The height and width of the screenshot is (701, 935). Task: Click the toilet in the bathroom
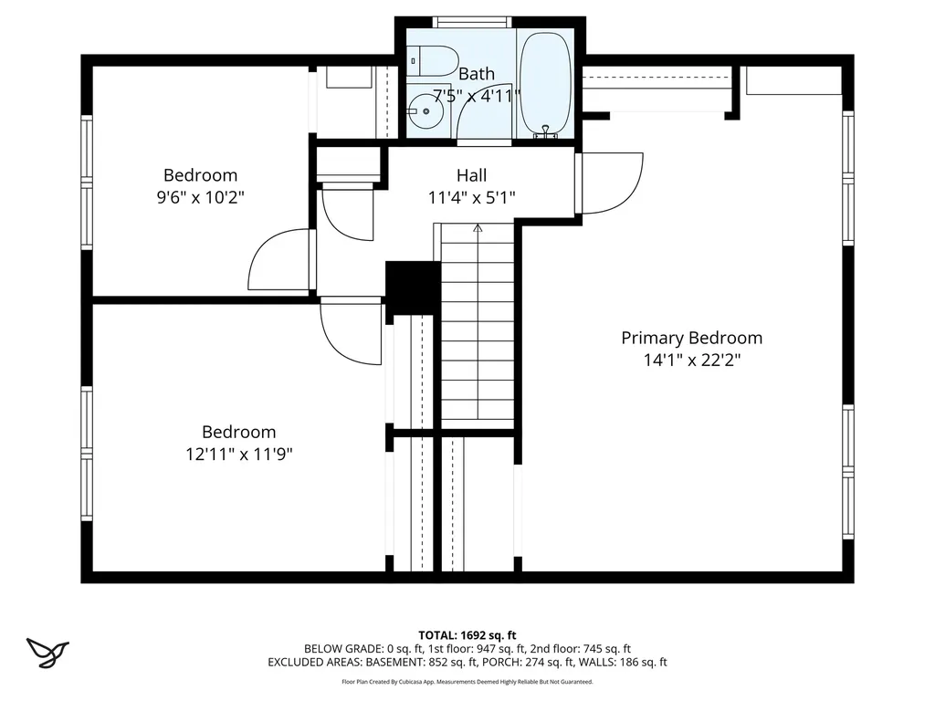click(x=433, y=60)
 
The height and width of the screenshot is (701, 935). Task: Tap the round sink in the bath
click(x=425, y=110)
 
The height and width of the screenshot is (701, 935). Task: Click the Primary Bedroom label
click(x=691, y=338)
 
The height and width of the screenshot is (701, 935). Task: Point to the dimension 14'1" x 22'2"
click(x=691, y=361)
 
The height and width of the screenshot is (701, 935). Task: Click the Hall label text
click(x=471, y=175)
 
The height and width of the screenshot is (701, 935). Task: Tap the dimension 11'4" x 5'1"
click(x=471, y=197)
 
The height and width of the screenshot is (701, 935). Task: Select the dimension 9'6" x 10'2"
click(x=200, y=197)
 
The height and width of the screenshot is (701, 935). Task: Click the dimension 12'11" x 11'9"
click(x=238, y=454)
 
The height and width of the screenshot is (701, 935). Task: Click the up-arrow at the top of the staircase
click(x=477, y=229)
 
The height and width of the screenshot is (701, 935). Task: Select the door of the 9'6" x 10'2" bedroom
click(x=278, y=260)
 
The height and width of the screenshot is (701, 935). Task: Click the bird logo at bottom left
click(x=47, y=652)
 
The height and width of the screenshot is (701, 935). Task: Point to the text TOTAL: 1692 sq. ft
click(x=467, y=634)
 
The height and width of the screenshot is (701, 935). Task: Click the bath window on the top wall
click(x=471, y=22)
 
